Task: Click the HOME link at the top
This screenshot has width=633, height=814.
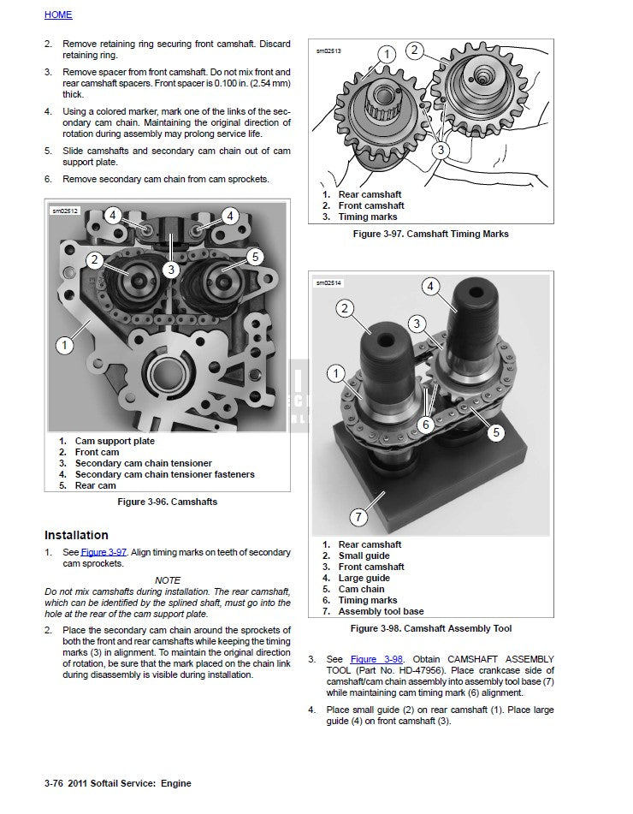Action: point(58,15)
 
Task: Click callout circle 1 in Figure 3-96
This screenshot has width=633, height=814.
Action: point(64,346)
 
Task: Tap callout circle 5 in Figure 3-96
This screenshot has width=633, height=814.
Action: point(254,256)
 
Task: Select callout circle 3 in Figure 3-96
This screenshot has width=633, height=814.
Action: point(171,270)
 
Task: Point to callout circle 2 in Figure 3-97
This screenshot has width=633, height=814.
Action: point(414,51)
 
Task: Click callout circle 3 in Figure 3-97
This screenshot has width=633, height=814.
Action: point(440,150)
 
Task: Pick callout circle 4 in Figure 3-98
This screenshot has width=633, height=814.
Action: point(430,286)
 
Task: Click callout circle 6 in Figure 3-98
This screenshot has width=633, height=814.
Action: point(424,424)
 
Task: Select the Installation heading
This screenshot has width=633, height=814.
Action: point(76,535)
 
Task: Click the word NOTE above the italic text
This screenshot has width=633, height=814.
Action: point(168,580)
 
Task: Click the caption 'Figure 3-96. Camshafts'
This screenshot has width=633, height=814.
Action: point(168,502)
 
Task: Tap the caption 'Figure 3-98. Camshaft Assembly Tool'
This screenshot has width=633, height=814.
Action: point(432,628)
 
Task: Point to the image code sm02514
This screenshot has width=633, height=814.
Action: point(328,282)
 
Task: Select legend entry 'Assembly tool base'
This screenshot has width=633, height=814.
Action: point(381,611)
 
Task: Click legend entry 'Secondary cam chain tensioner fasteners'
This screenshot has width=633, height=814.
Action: point(164,474)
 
